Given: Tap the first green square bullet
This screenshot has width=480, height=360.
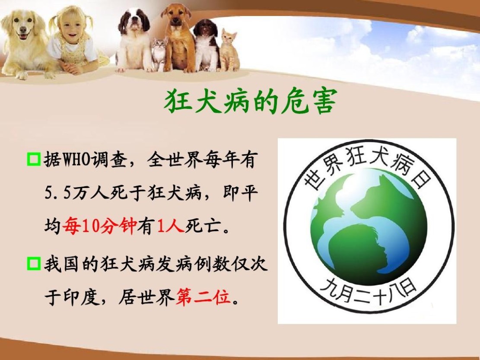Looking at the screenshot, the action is click(x=34, y=159).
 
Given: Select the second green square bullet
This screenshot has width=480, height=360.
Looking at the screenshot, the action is click(x=34, y=264).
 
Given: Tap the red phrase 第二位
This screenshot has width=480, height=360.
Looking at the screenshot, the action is click(x=203, y=296).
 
